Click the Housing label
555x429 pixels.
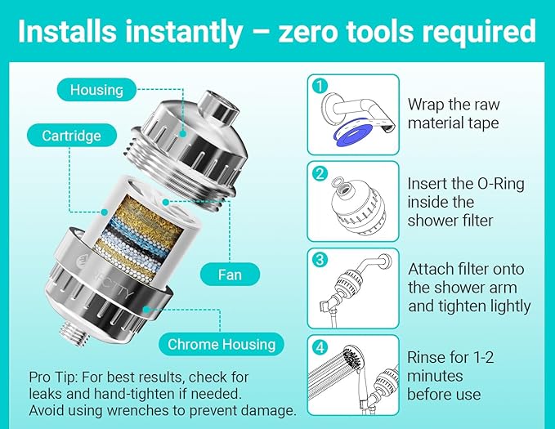pyautogui.click(x=96, y=89)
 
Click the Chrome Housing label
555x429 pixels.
pyautogui.click(x=220, y=344)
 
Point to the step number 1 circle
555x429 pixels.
pyautogui.click(x=320, y=85)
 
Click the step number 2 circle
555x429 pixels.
pyautogui.click(x=320, y=173)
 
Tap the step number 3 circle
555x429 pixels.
pyautogui.click(x=320, y=261)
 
